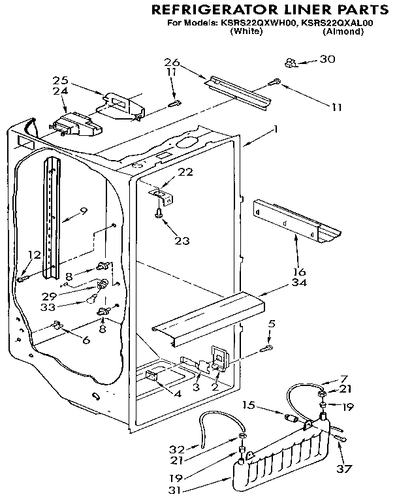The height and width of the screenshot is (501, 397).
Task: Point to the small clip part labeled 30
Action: [x=291, y=63]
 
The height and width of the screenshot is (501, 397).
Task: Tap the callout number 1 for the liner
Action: [x=276, y=129]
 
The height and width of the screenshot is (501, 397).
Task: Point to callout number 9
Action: [x=84, y=210]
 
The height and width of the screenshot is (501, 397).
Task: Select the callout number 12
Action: [x=33, y=254]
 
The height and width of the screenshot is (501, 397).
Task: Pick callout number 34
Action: [x=298, y=282]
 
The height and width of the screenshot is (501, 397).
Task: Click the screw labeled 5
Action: [x=265, y=349]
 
